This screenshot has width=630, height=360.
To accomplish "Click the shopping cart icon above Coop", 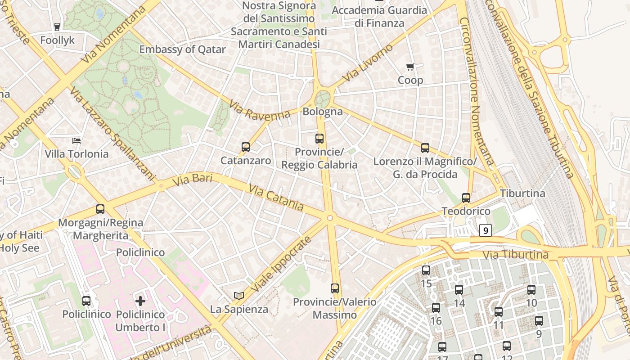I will click(x=410, y=67).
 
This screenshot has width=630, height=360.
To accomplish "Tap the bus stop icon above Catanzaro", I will click(x=245, y=147).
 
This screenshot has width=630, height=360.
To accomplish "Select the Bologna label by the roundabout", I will click(x=323, y=112).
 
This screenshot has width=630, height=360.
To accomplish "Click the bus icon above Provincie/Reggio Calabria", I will click(x=319, y=139).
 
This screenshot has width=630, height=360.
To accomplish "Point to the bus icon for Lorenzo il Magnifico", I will click(x=425, y=148).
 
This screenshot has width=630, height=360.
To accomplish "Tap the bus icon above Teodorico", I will click(x=466, y=198).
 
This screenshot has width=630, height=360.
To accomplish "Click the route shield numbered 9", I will click(x=485, y=230).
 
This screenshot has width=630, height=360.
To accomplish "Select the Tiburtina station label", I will click(x=522, y=193).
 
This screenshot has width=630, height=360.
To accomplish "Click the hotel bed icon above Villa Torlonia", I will click(x=77, y=141).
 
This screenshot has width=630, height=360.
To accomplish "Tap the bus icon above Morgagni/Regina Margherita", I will click(x=100, y=209).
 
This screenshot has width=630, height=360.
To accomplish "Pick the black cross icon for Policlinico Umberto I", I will click(x=140, y=301).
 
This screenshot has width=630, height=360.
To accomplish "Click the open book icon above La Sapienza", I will click(x=239, y=296).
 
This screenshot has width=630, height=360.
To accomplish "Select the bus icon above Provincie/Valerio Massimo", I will click(x=334, y=288).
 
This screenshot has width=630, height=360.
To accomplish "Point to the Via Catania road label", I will click(x=276, y=198).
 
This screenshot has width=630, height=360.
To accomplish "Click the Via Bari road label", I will click(x=186, y=180).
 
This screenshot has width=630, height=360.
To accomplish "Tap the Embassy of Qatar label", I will click(x=182, y=49).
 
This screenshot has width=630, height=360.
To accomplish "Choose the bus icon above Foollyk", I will click(x=57, y=27).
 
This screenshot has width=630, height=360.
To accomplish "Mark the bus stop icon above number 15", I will click(x=426, y=270).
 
